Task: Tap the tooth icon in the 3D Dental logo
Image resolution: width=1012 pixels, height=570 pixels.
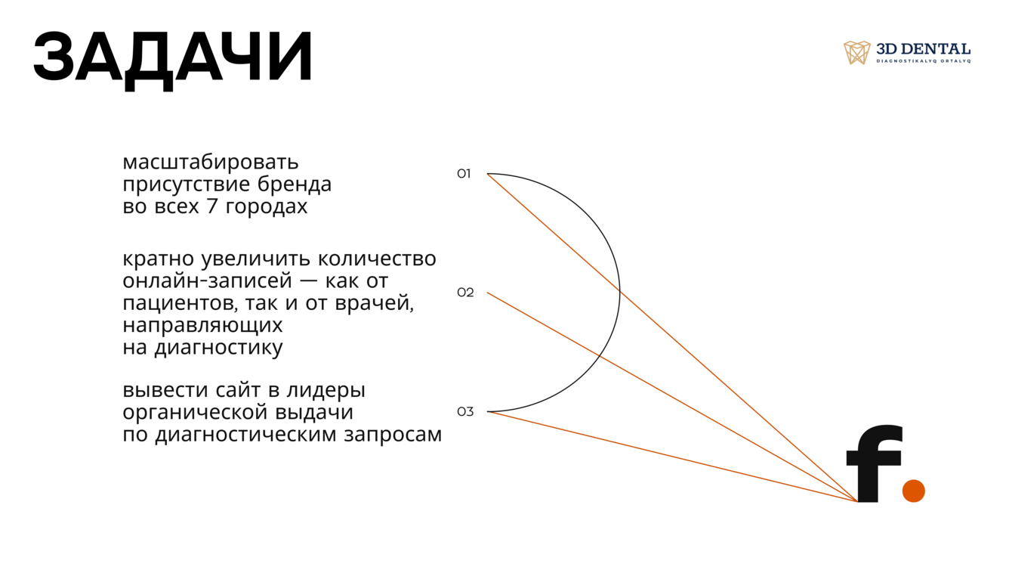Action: click(x=856, y=52)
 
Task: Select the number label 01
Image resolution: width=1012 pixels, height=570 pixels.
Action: click(x=464, y=174)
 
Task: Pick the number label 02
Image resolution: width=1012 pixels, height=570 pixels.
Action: click(x=465, y=293)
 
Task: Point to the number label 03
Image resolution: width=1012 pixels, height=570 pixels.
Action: click(x=465, y=412)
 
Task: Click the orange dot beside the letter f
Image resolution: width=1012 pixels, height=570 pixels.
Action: click(x=914, y=491)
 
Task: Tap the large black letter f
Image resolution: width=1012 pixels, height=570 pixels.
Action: click(x=875, y=463)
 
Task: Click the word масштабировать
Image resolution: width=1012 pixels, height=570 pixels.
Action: click(x=211, y=163)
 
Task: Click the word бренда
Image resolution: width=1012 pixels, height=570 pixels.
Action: click(x=295, y=184)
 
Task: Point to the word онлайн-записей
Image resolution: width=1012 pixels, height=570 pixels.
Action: click(x=208, y=281)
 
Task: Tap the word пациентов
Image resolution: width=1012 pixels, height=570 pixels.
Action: click(x=180, y=303)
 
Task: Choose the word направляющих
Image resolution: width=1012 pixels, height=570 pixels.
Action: click(x=203, y=326)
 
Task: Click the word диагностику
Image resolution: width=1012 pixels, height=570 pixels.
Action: click(x=219, y=348)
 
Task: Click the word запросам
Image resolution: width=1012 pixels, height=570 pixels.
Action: click(x=393, y=435)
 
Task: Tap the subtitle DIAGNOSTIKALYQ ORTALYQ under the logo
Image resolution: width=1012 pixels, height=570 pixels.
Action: click(x=924, y=61)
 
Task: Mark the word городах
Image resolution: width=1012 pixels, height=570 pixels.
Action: click(x=266, y=207)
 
